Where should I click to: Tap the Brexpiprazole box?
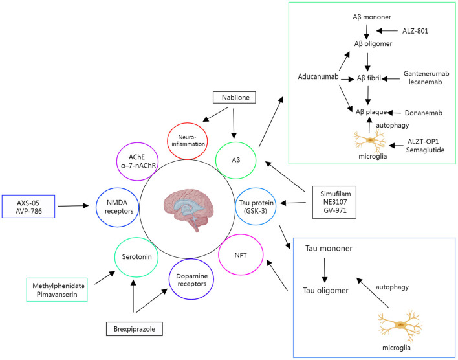click(x=133, y=329)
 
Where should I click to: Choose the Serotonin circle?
click(x=134, y=257)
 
